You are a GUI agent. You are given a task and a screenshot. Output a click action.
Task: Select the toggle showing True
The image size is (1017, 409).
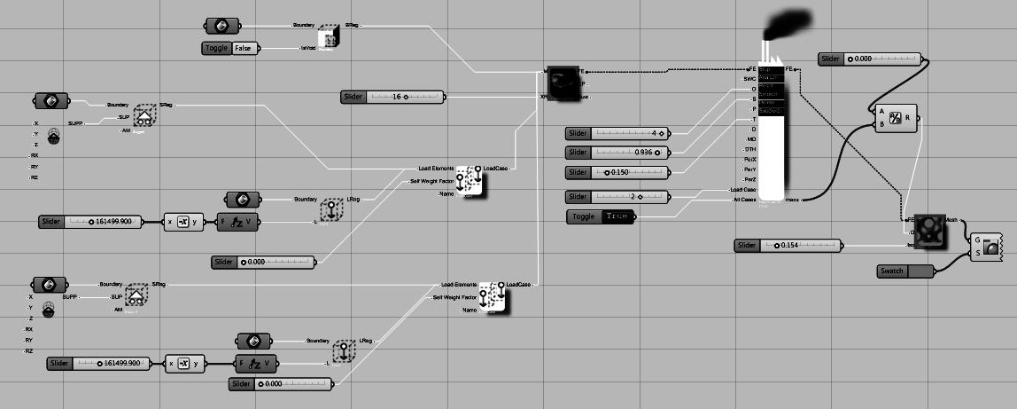[x=600, y=216]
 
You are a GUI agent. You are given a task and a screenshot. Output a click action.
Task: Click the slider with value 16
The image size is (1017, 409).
[x=392, y=97]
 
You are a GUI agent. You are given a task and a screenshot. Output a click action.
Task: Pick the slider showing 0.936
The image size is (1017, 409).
[x=618, y=153]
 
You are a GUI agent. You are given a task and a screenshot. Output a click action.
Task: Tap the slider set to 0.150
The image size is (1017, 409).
[x=618, y=172]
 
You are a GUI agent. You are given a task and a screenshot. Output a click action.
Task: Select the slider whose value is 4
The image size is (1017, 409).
[x=618, y=133]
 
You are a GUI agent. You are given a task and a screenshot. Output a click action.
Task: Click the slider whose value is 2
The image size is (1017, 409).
[x=618, y=196]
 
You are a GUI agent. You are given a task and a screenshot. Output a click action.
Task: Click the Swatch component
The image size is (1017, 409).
[x=905, y=271]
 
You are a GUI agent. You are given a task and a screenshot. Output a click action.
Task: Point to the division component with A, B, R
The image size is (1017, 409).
[x=896, y=117]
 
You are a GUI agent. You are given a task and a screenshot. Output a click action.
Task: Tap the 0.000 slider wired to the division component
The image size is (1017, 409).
[x=870, y=59]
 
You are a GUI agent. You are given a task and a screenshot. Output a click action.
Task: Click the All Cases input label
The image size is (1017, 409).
[x=745, y=200]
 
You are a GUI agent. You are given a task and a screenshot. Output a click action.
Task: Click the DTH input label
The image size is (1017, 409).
[x=749, y=149]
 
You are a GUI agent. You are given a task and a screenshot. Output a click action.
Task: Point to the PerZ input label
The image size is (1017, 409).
[x=749, y=179]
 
